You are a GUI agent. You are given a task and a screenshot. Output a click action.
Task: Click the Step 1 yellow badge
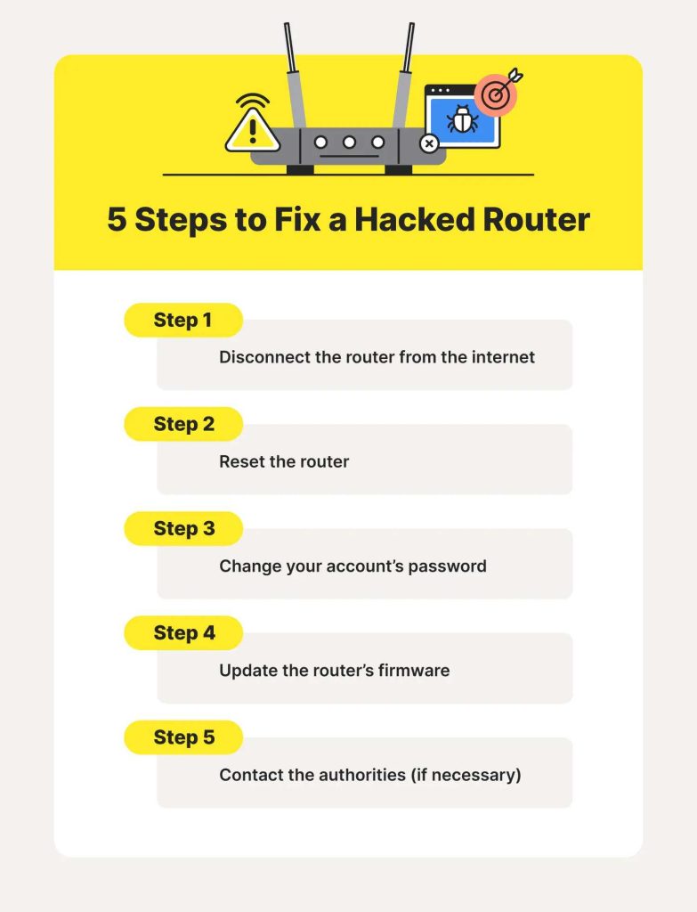pyautogui.click(x=182, y=321)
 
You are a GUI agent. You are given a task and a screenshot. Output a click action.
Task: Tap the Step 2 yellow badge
pyautogui.click(x=182, y=425)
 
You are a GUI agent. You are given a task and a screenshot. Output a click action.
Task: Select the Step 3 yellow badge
pyautogui.click(x=182, y=529)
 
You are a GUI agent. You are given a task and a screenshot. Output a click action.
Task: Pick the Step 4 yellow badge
pyautogui.click(x=182, y=633)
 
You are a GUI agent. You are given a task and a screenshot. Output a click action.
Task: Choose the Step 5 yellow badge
pyautogui.click(x=182, y=737)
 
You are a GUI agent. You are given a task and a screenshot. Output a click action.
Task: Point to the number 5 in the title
pyautogui.click(x=117, y=220)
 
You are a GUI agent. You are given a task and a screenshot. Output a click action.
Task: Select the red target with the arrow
pyautogui.click(x=496, y=94)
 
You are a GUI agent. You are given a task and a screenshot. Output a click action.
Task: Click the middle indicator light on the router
pyautogui.click(x=350, y=142)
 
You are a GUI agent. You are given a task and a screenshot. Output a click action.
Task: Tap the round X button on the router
pyautogui.click(x=429, y=142)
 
